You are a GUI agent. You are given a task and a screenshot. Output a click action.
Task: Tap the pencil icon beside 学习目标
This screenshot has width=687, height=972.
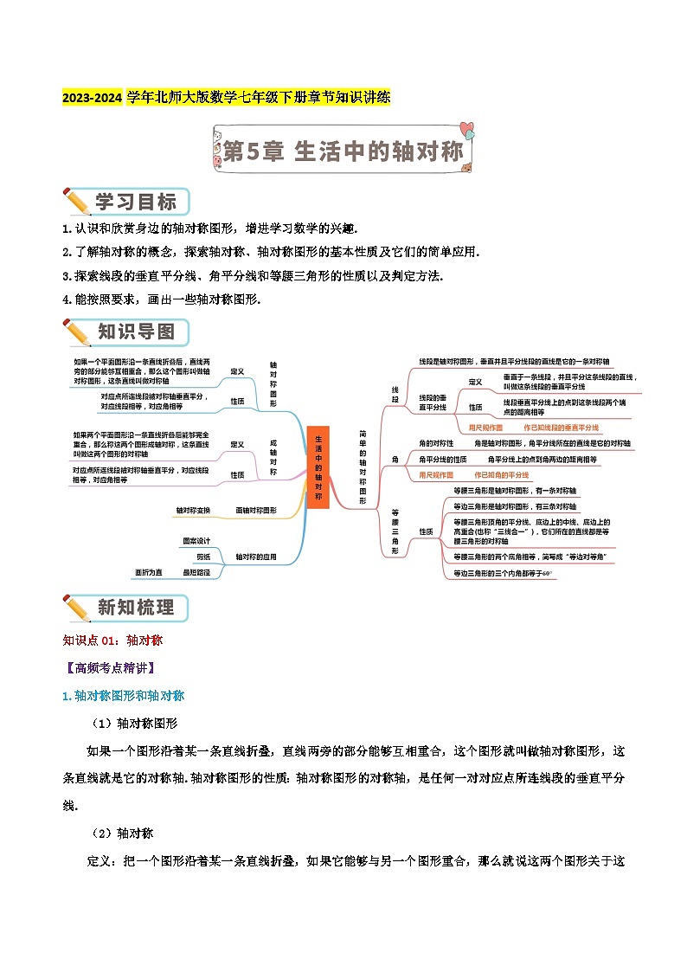pos(77,202)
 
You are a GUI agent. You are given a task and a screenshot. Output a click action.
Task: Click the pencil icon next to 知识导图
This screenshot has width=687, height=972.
pos(77,333)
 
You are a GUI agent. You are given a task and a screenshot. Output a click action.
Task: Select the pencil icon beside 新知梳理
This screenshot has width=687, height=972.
pos(77,608)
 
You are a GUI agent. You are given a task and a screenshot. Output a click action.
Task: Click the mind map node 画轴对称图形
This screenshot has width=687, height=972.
pos(256,511)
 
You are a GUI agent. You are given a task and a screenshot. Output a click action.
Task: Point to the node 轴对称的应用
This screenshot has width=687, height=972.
pos(256,557)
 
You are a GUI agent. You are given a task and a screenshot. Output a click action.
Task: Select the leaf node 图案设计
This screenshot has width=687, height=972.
pos(196,541)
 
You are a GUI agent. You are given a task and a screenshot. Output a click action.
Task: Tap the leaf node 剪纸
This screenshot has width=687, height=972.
pos(203,557)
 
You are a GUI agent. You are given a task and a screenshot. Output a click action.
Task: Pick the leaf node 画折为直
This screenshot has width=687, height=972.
pos(149,572)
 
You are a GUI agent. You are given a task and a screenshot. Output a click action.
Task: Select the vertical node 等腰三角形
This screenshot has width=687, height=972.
pos(395,531)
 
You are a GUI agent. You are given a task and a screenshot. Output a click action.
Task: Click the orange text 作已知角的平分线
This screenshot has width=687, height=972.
pos(501,475)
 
